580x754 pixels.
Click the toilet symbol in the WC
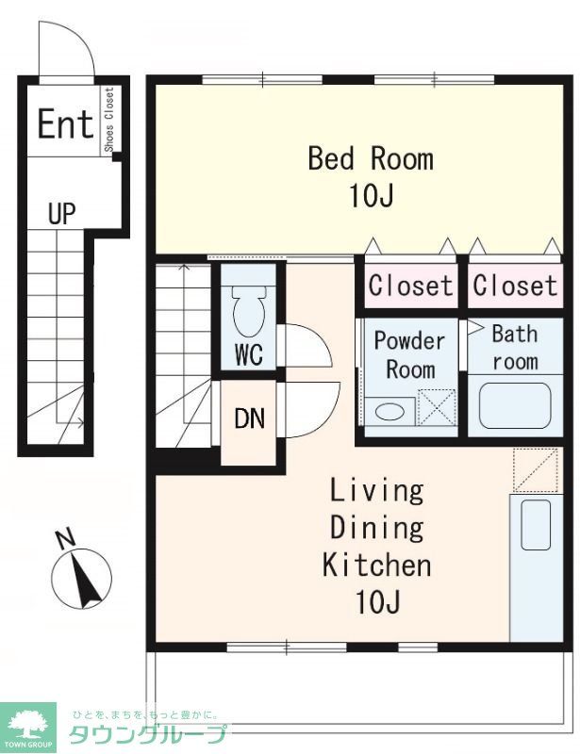[x=249, y=310]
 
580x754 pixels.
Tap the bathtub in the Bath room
[x=515, y=405]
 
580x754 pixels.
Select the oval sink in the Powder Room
[x=389, y=412]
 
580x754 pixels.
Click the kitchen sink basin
[x=536, y=524]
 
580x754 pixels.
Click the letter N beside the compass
[x=65, y=539]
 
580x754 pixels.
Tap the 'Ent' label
[x=65, y=124]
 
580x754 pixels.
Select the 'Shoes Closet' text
[x=109, y=120]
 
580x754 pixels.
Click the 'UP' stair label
[x=62, y=213]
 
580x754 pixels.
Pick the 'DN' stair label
[x=249, y=418]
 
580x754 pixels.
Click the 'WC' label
[x=249, y=354]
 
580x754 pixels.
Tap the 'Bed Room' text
[x=371, y=158]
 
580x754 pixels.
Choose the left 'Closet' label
[x=410, y=286]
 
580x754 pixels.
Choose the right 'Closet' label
[x=515, y=286]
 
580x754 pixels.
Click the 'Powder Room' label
[x=410, y=355]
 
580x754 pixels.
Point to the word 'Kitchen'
[x=376, y=565]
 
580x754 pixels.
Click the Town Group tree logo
[x=28, y=726]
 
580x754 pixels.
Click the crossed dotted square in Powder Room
[x=437, y=407]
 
